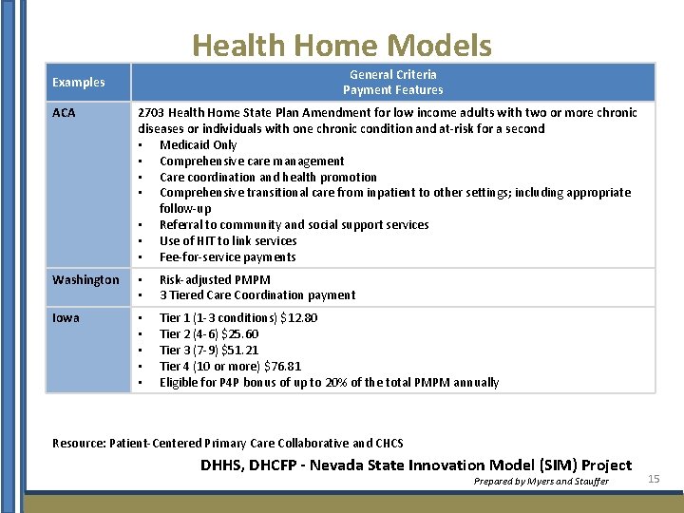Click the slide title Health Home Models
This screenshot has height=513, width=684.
342,46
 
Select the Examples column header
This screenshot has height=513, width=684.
79,83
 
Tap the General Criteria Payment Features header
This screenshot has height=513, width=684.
392,83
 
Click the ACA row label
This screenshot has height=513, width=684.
64,113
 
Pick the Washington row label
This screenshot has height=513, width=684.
85,279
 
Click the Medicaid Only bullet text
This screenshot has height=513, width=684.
198,145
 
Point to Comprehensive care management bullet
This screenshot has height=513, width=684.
252,161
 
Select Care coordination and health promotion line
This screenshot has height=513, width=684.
268,178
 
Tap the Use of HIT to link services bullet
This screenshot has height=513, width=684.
228,241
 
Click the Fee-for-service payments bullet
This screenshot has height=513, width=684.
227,257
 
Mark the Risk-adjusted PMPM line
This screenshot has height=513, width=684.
215,280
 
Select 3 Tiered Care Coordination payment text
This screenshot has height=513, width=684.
257,295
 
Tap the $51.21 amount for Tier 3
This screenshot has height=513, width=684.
239,351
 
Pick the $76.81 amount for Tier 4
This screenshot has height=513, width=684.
281,367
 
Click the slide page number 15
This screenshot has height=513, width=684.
654,479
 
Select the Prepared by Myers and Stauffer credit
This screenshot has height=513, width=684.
541,482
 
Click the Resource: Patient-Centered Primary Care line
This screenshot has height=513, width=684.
228,444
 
